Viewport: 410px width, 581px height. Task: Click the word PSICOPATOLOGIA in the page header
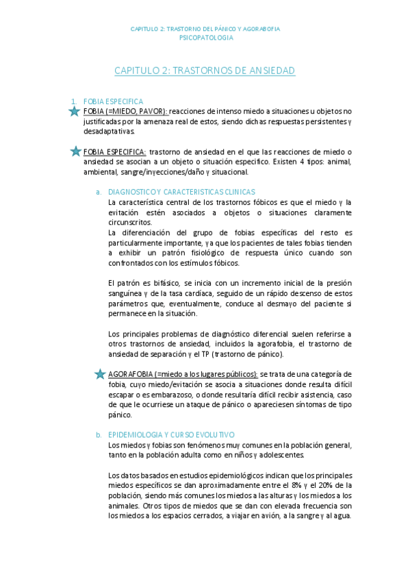(x=205, y=38)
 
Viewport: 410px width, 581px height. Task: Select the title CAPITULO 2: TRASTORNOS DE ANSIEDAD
(x=205, y=71)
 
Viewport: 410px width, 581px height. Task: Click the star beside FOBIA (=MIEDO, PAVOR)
(x=75, y=111)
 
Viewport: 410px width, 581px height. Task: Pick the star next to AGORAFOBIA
(x=100, y=373)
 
